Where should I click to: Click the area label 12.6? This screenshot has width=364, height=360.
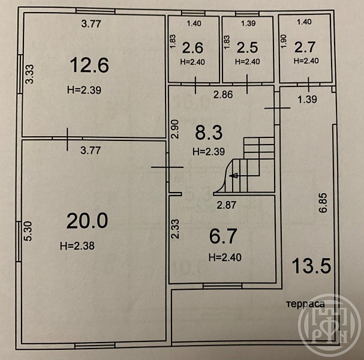click(89, 65)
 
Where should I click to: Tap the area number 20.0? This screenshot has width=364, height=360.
click(88, 221)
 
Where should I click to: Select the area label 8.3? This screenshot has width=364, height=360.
click(209, 133)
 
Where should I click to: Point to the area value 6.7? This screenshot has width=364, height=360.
click(223, 236)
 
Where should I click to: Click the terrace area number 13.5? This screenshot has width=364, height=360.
click(311, 266)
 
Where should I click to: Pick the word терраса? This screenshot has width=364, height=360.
click(305, 304)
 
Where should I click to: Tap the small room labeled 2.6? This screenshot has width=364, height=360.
click(192, 48)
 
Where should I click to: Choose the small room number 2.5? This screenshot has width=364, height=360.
click(247, 47)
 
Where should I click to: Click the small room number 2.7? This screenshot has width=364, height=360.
click(305, 47)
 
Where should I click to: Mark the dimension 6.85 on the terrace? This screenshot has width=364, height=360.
click(323, 203)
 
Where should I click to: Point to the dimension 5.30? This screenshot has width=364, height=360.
click(28, 231)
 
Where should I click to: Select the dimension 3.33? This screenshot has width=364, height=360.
click(30, 74)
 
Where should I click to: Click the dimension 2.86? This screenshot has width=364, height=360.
click(223, 95)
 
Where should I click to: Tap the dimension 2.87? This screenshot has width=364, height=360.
click(227, 205)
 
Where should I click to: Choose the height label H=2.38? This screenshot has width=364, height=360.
click(77, 246)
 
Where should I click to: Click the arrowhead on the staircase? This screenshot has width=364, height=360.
click(233, 176)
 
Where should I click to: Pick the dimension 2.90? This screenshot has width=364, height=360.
click(175, 129)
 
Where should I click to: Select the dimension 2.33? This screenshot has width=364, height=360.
click(175, 229)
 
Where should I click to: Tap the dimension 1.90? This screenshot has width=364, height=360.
click(284, 41)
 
